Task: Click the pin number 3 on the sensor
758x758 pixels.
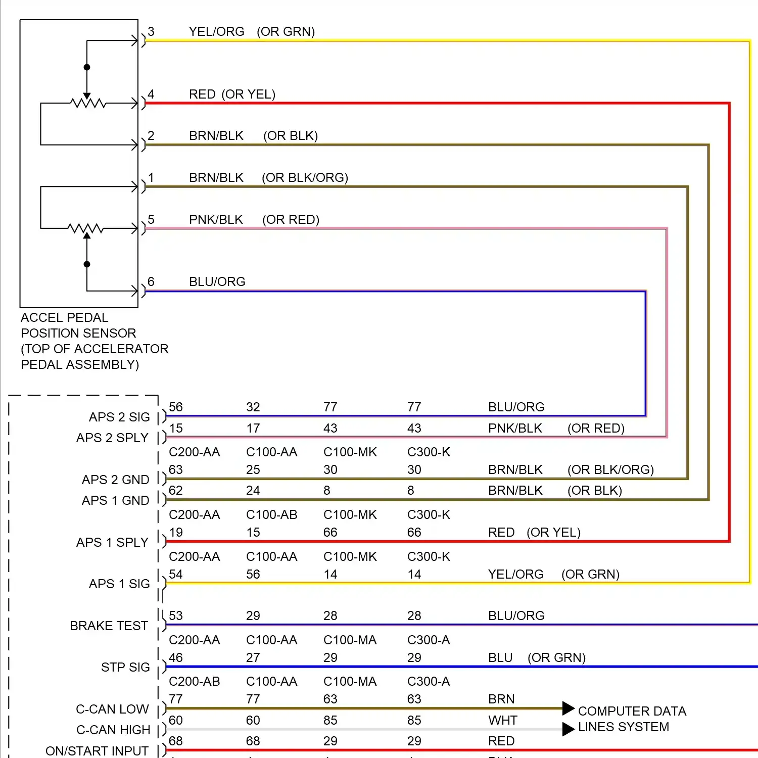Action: click(151, 31)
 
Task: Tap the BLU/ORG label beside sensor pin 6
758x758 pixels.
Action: click(217, 281)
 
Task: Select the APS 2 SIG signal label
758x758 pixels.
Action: click(119, 417)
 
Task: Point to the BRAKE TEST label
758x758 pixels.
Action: click(109, 626)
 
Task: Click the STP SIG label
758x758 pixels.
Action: click(125, 667)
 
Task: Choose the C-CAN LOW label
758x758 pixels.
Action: click(112, 709)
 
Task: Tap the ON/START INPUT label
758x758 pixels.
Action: click(97, 751)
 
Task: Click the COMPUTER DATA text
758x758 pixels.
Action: click(632, 711)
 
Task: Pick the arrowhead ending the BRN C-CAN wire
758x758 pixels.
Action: click(568, 708)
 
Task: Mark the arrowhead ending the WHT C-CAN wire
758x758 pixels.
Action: click(568, 729)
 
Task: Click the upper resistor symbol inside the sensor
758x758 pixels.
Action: click(88, 104)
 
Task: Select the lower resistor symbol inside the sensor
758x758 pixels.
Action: click(86, 228)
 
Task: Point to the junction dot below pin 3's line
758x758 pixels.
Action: click(87, 67)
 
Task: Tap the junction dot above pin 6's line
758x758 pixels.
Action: click(87, 264)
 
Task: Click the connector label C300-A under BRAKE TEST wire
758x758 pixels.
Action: click(429, 640)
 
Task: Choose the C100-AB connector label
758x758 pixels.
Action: click(271, 514)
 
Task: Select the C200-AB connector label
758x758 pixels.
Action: click(194, 681)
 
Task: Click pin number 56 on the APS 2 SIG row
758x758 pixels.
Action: click(176, 407)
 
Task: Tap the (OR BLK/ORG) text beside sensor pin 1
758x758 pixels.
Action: click(305, 177)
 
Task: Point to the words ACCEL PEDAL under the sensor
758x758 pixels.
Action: click(64, 317)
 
